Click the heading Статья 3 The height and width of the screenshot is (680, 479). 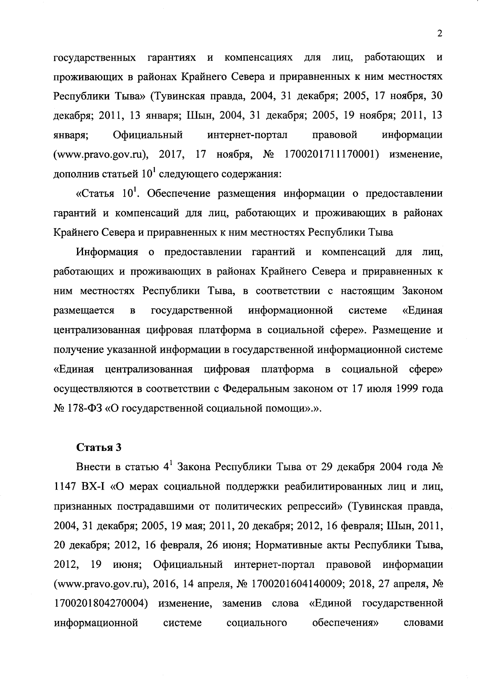point(99,447)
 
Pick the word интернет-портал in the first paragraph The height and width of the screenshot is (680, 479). point(247,135)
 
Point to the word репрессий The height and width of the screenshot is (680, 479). point(316,506)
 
